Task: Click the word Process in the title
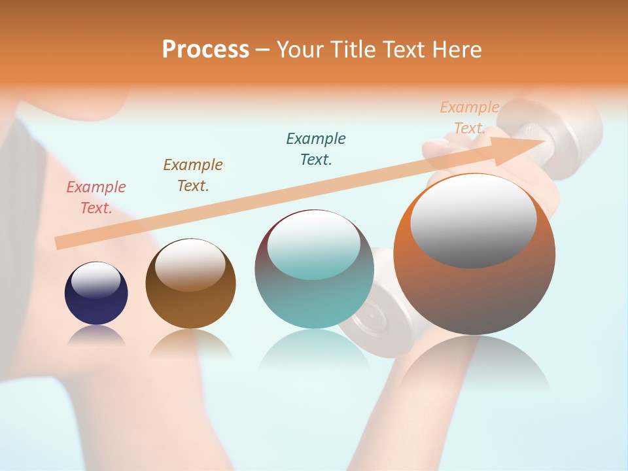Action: click(x=205, y=49)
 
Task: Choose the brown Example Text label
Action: click(x=193, y=175)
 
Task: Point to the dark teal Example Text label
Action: click(x=316, y=149)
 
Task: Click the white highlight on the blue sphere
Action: click(x=96, y=280)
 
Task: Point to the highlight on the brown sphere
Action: click(x=190, y=263)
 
